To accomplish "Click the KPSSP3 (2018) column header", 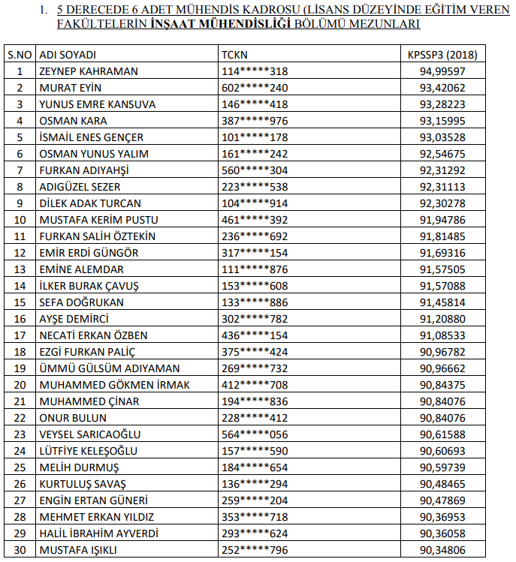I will click(x=442, y=55).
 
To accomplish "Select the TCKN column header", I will click(x=234, y=55).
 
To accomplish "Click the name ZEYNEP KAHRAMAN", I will click(x=88, y=71).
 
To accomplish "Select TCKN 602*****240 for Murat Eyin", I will click(x=255, y=88).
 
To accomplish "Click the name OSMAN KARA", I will click(x=73, y=121).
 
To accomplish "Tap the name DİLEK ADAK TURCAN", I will click(x=90, y=203).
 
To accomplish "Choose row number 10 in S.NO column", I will click(x=20, y=220).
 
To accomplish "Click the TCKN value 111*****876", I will click(x=255, y=269).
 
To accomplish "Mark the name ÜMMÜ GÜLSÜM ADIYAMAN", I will click(x=110, y=368).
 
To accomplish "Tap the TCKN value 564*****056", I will click(x=255, y=434).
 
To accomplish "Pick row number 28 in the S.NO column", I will click(x=20, y=517).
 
